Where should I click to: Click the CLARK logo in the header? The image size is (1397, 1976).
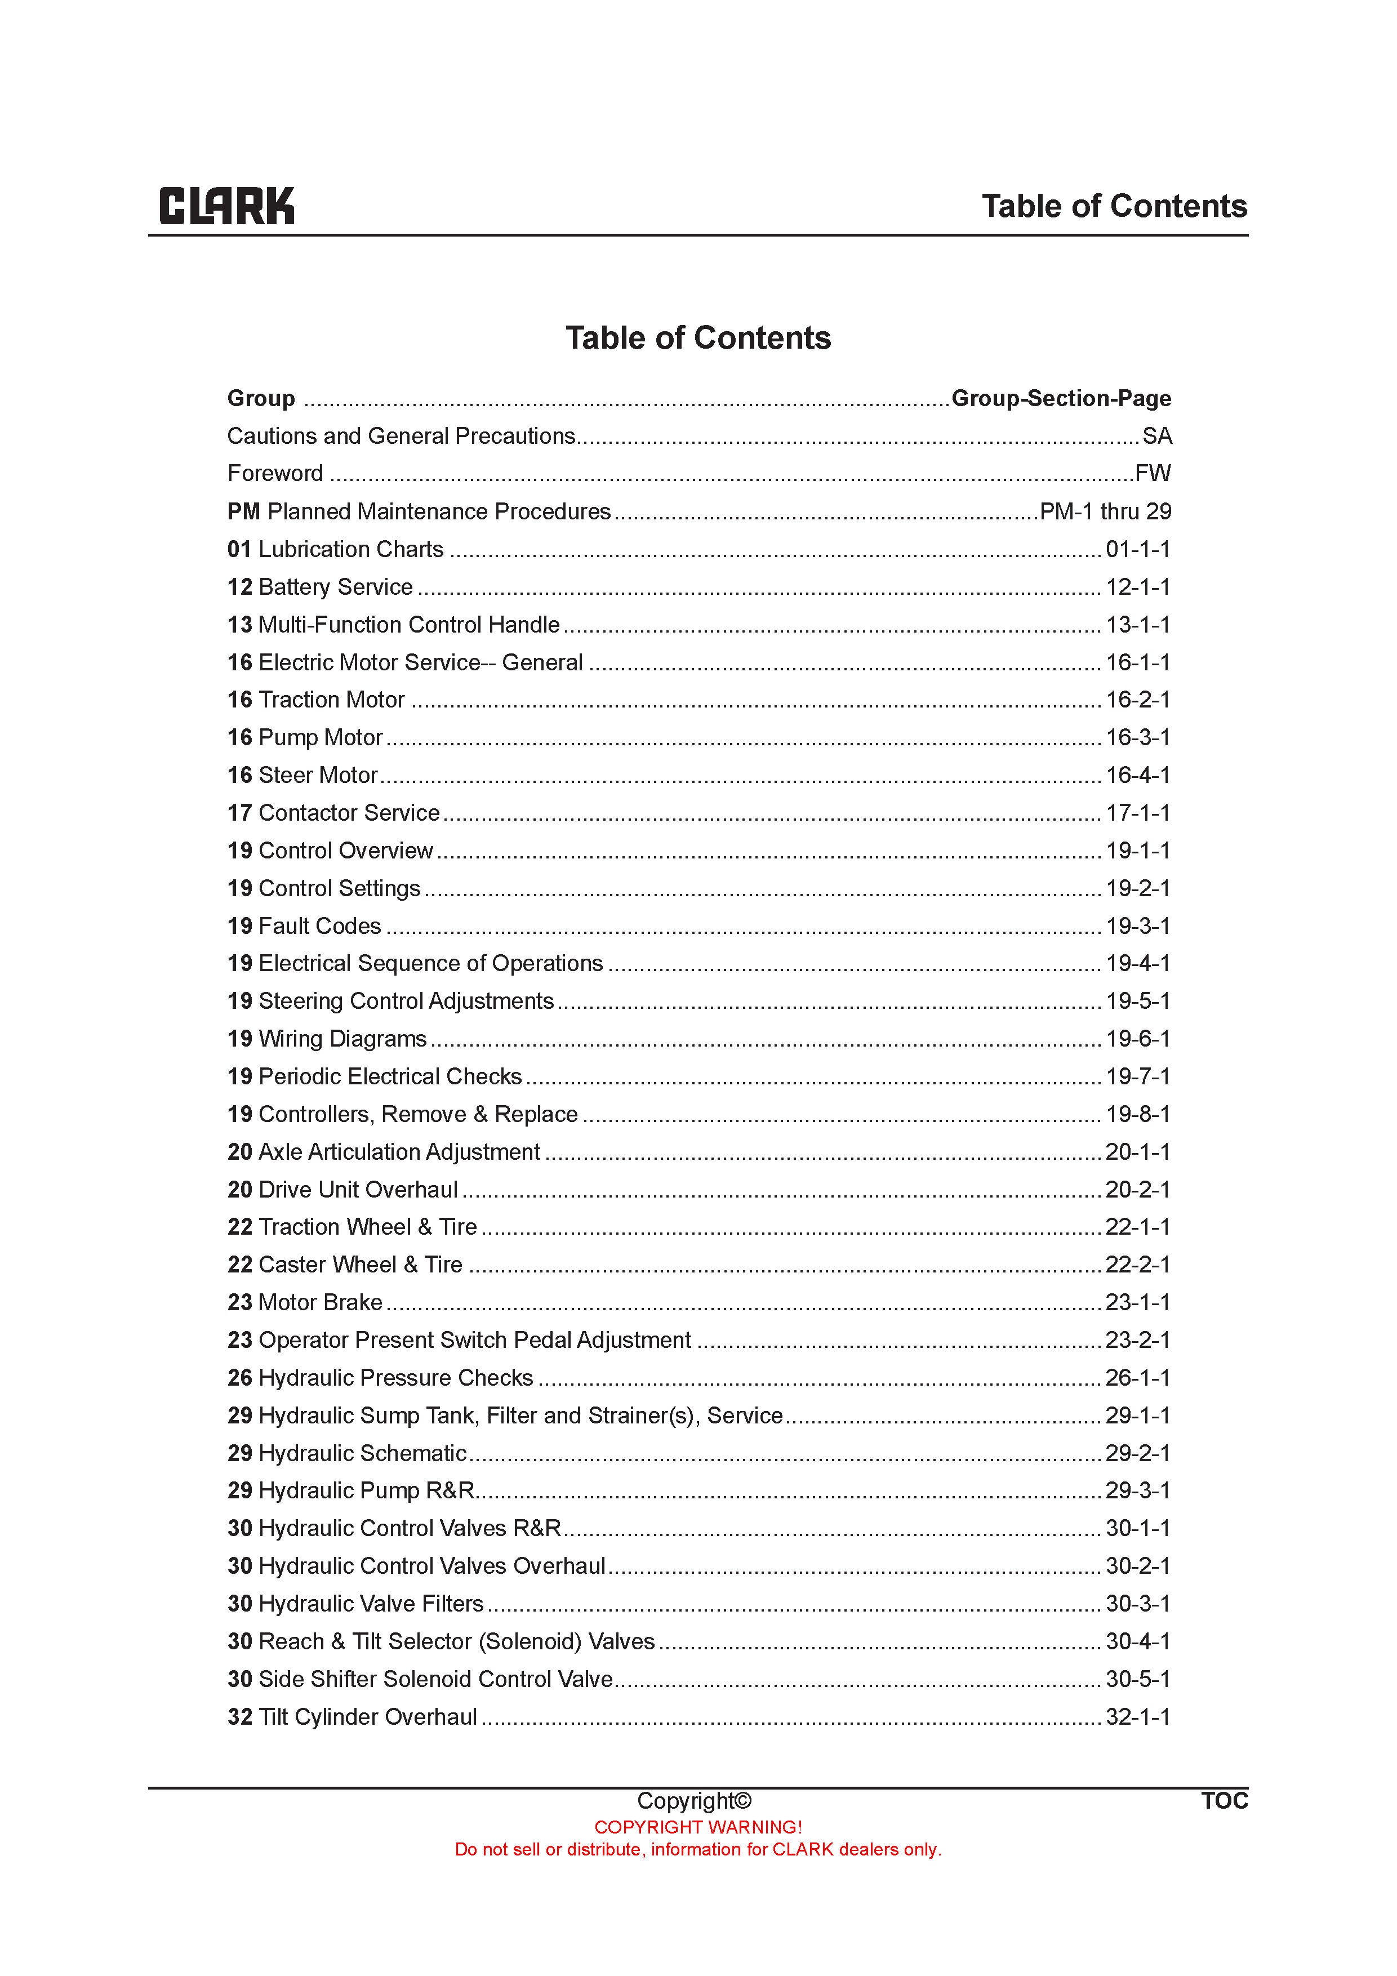tap(226, 207)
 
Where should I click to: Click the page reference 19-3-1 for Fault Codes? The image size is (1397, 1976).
tap(1137, 926)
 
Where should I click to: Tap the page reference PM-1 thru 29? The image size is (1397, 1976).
tap(1105, 511)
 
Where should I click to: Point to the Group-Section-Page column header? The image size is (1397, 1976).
tap(1061, 398)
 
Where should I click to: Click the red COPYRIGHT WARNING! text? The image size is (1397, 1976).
tap(698, 1827)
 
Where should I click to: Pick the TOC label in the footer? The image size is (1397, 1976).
tap(1224, 1800)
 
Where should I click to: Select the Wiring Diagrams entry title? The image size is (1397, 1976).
tap(342, 1039)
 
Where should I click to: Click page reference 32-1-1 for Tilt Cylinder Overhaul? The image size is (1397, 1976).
tap(1137, 1717)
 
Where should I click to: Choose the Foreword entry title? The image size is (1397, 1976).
tap(275, 473)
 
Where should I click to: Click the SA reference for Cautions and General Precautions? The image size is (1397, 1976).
tap(1157, 437)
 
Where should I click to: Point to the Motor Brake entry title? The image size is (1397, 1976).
tap(319, 1302)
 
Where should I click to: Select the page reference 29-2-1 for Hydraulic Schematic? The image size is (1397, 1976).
tap(1137, 1454)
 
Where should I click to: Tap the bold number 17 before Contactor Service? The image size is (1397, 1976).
tap(239, 813)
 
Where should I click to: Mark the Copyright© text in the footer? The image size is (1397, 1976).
tap(694, 1800)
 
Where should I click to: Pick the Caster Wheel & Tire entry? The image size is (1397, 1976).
tap(360, 1265)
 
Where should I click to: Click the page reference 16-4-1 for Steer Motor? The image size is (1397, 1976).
tap(1137, 776)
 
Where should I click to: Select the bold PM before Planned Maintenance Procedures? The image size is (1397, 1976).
tap(243, 512)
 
